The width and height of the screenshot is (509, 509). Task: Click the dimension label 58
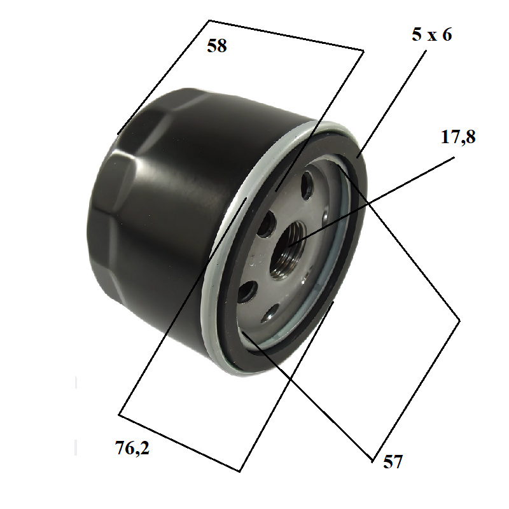click(x=217, y=46)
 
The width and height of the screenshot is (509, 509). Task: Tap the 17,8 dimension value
click(x=458, y=137)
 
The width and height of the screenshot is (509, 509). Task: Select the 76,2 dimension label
click(x=132, y=449)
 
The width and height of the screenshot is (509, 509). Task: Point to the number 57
click(x=393, y=461)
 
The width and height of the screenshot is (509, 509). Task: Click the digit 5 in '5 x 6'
click(x=417, y=34)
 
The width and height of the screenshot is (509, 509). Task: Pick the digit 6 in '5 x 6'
click(x=447, y=34)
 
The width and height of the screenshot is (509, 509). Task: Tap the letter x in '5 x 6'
click(x=432, y=36)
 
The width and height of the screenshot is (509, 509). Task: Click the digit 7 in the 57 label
click(x=398, y=461)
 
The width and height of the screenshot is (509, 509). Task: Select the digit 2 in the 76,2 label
click(x=145, y=448)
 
